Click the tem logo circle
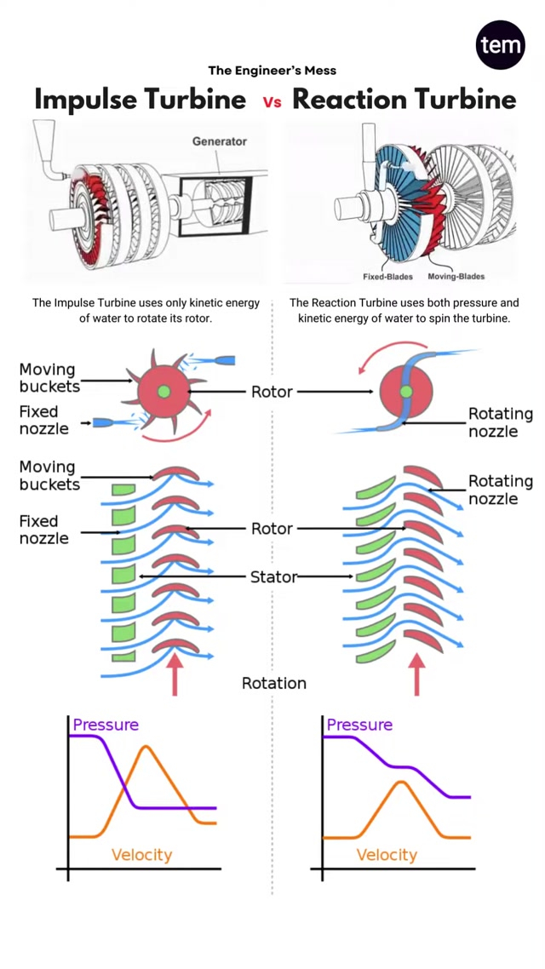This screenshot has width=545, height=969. pyautogui.click(x=500, y=44)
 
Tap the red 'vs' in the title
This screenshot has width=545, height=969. pyautogui.click(x=272, y=102)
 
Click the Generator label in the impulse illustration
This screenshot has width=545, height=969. pyautogui.click(x=219, y=141)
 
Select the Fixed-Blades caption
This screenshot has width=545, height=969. pyautogui.click(x=388, y=277)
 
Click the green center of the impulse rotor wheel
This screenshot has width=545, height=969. pyautogui.click(x=163, y=392)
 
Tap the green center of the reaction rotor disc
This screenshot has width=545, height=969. pyautogui.click(x=405, y=392)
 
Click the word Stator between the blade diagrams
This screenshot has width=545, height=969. pyautogui.click(x=272, y=577)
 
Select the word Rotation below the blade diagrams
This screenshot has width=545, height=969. pyautogui.click(x=273, y=684)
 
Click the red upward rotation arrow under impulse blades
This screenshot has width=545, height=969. pyautogui.click(x=175, y=674)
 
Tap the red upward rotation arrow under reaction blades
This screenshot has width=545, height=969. pyautogui.click(x=417, y=674)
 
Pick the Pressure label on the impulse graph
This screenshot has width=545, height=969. pyautogui.click(x=105, y=725)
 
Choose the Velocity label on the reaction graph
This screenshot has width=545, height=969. pyautogui.click(x=387, y=855)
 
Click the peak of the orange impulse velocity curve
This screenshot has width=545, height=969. pyautogui.click(x=146, y=747)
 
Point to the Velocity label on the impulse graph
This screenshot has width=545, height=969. pyautogui.click(x=141, y=855)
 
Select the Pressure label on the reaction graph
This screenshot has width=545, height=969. pyautogui.click(x=359, y=725)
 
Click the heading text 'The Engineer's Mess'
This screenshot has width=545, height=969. pyautogui.click(x=272, y=71)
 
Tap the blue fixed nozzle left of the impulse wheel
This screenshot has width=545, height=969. pyautogui.click(x=106, y=422)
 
